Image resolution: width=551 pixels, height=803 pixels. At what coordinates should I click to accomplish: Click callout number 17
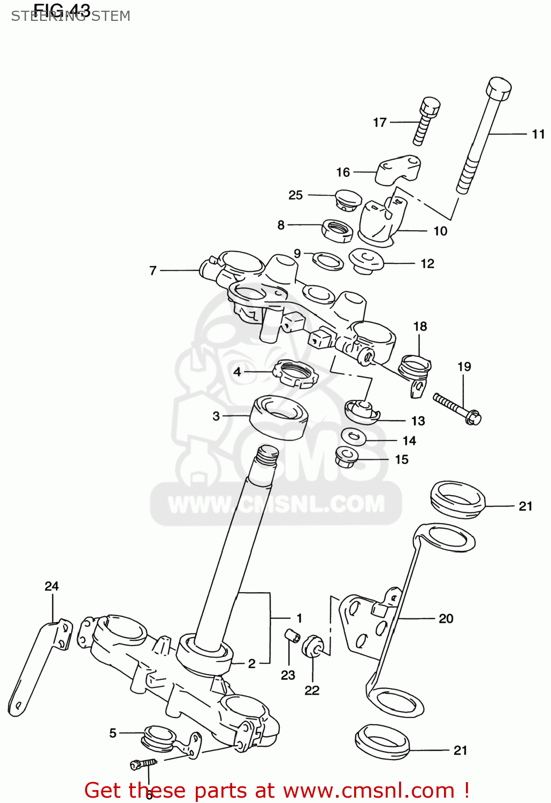(x=379, y=123)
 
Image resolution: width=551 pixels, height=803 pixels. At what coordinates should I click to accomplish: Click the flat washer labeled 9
(x=327, y=261)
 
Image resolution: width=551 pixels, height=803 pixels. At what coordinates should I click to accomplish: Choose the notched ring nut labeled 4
(x=296, y=373)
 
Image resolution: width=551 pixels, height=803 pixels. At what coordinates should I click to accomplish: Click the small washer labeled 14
(x=354, y=437)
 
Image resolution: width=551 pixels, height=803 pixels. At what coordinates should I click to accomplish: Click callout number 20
(x=446, y=619)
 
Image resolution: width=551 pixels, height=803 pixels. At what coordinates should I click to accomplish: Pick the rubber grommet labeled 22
(x=312, y=646)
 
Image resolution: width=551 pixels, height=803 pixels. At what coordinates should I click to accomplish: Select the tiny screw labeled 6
(x=143, y=764)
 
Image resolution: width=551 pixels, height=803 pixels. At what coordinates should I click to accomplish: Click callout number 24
(x=51, y=586)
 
